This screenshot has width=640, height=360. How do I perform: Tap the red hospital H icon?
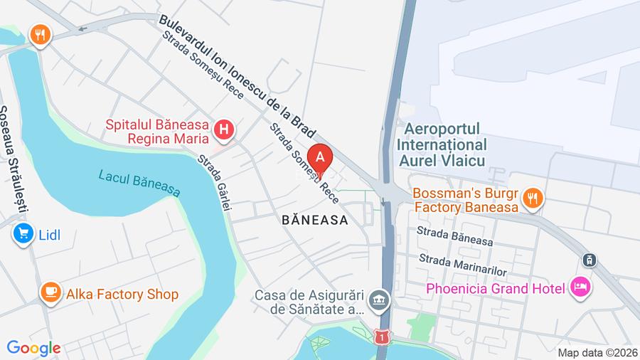click(x=224, y=130)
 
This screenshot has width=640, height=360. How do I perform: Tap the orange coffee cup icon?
click(x=50, y=292)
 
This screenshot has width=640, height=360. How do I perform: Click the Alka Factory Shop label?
click(x=122, y=294)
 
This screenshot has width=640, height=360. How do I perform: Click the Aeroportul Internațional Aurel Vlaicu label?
click(x=441, y=145)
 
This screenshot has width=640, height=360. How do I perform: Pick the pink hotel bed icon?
click(x=581, y=287)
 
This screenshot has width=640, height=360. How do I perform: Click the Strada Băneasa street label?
click(x=455, y=235)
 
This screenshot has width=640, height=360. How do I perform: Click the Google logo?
click(x=33, y=348)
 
